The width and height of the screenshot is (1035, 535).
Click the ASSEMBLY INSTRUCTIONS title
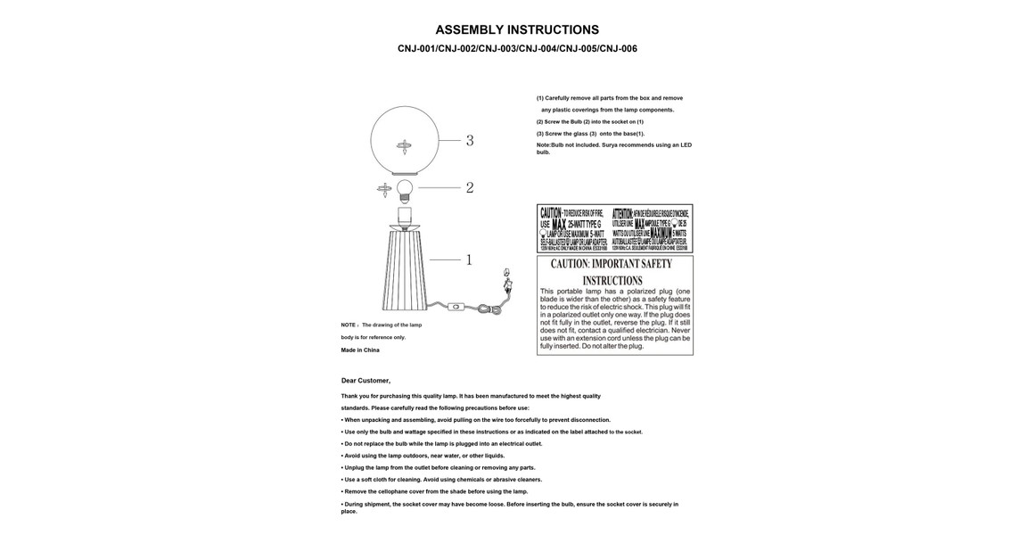coord(517,30)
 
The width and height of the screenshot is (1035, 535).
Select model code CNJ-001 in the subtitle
coord(416,49)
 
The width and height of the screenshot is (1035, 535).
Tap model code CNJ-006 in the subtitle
coord(618,49)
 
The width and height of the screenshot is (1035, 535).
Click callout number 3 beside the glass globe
coord(470,141)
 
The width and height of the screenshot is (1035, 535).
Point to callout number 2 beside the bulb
coord(470,188)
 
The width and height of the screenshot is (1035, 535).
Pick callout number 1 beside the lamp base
coord(469,260)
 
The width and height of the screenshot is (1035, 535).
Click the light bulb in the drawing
coord(406,188)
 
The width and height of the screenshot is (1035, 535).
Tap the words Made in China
coord(360,350)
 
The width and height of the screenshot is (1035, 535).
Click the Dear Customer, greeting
coord(366,381)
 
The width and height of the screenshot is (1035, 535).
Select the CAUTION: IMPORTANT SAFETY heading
coord(612,265)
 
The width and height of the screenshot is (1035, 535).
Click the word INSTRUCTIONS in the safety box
coord(612,280)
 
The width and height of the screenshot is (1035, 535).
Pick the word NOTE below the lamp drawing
coord(349,325)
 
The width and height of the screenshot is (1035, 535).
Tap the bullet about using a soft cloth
coord(441,480)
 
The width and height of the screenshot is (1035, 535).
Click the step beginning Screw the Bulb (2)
coord(589,122)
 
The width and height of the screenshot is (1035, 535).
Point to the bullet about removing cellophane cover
coord(434,491)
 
